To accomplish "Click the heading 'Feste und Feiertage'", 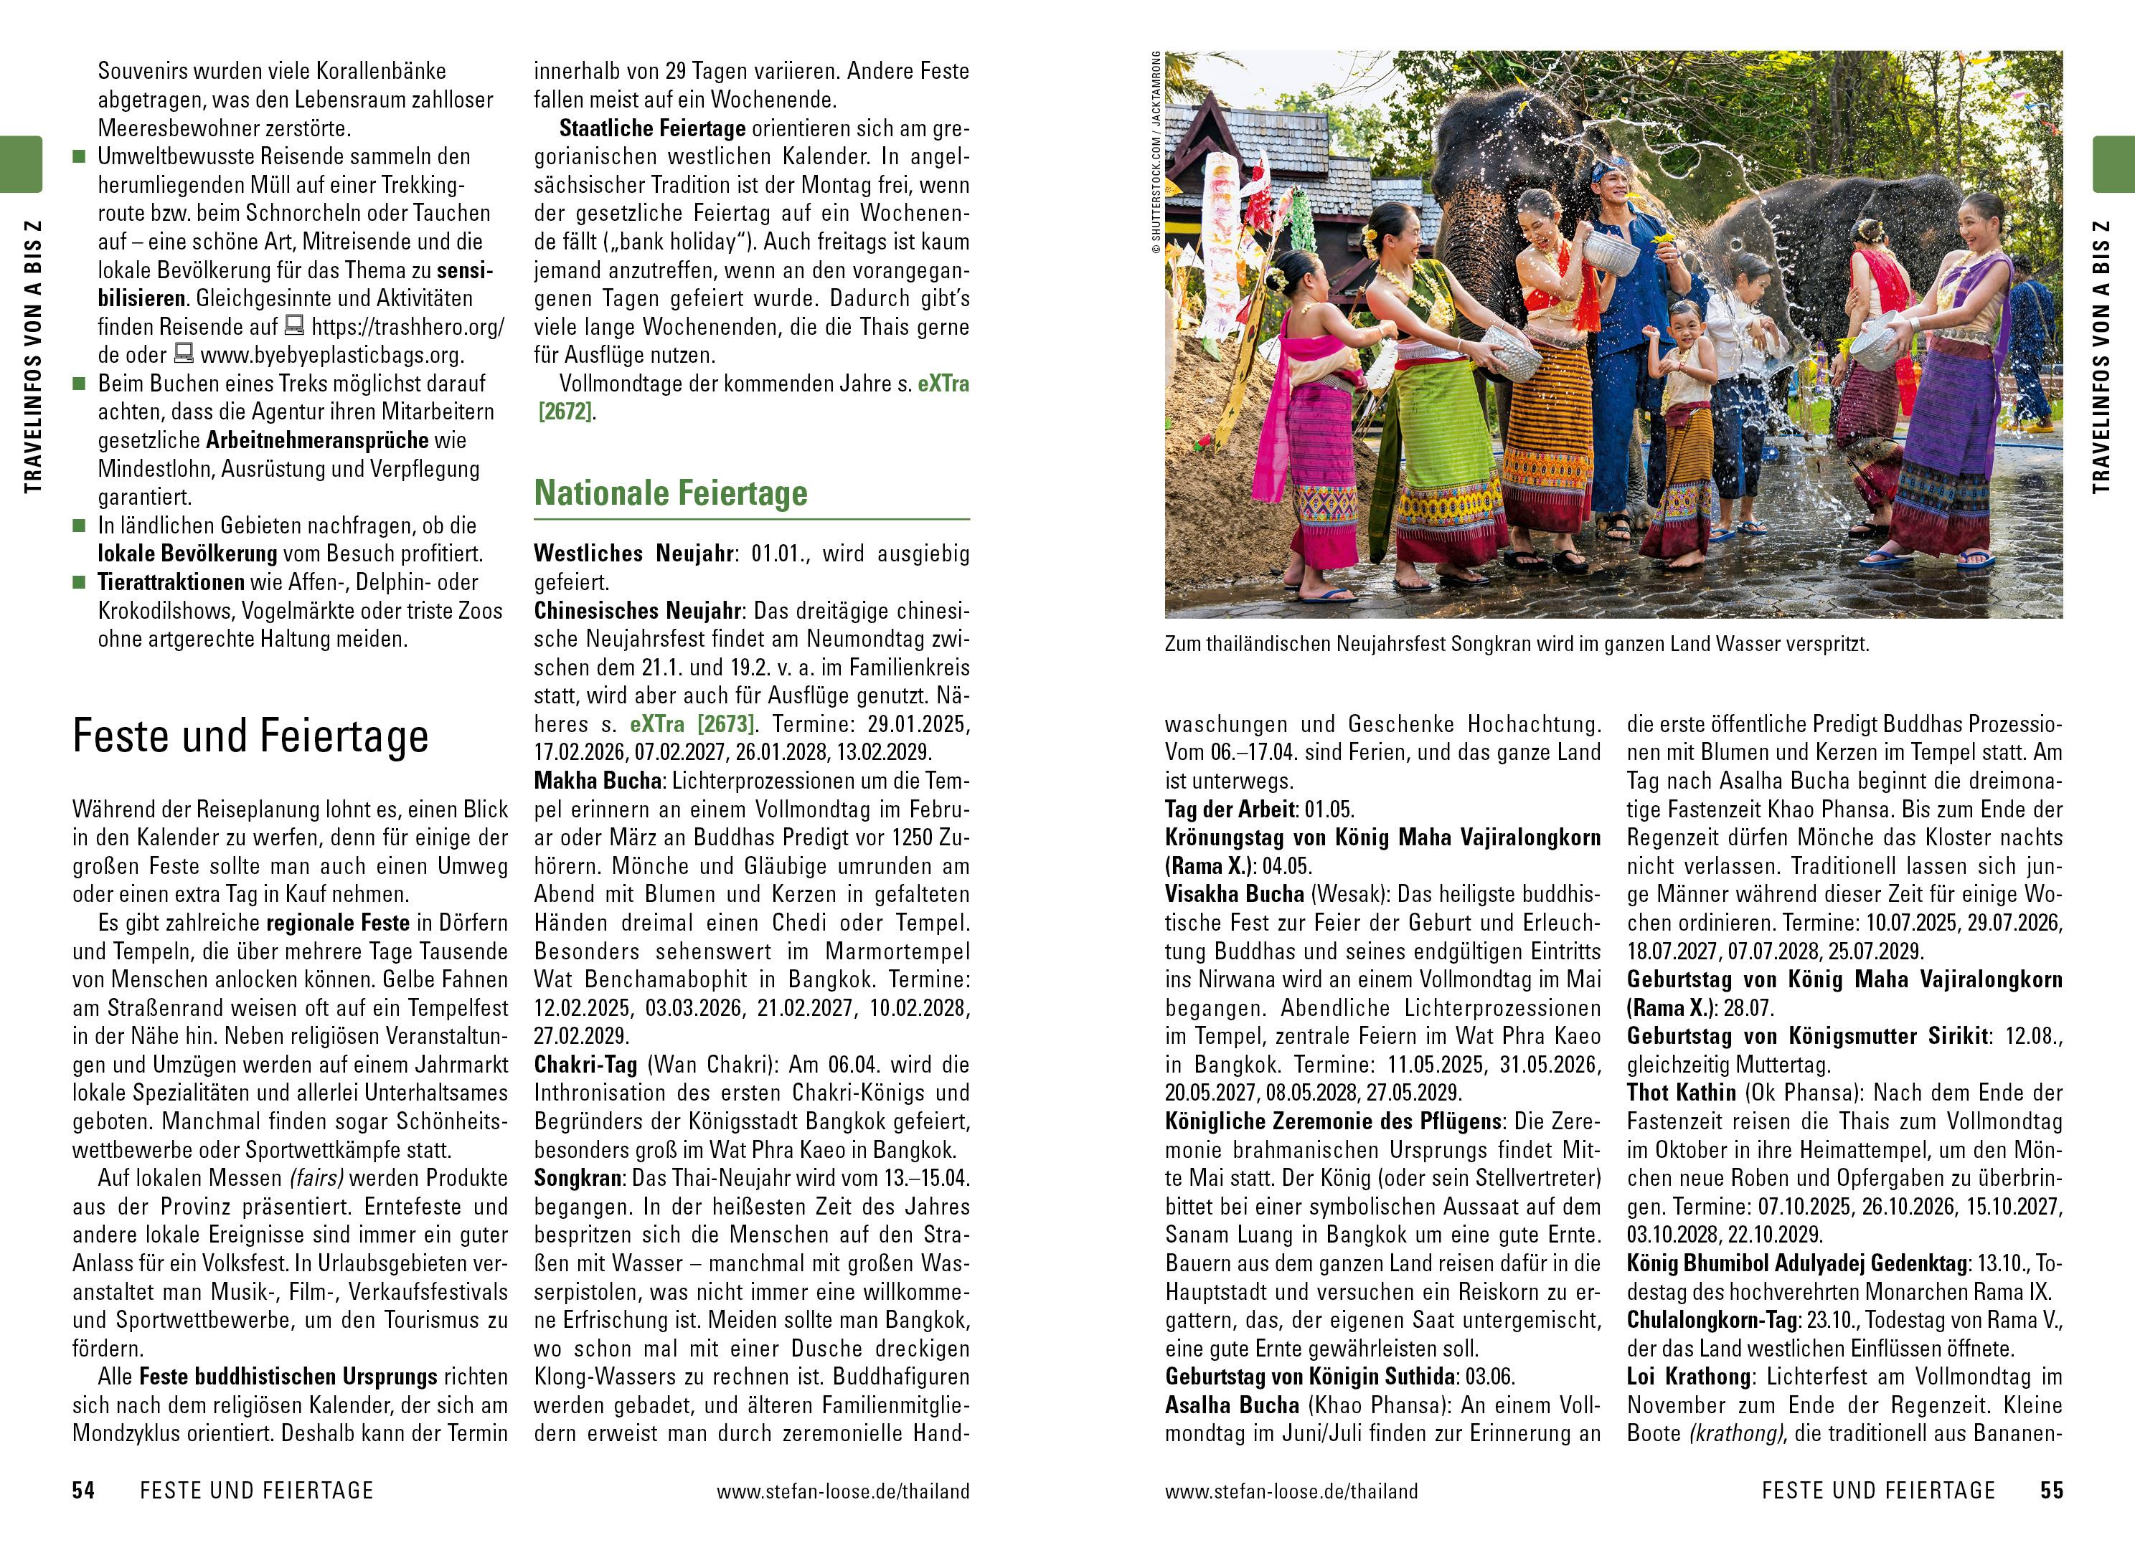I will click(250, 736).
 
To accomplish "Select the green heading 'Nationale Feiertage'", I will click(670, 493).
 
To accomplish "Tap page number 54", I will click(84, 1490).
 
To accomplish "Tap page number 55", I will click(2051, 1490).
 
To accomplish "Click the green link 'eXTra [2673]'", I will click(692, 724).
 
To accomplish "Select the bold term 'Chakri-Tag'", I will click(586, 1065).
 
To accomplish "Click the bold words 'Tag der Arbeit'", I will click(1230, 809).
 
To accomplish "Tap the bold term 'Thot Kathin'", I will click(1681, 1093).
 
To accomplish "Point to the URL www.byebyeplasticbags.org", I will click(332, 356).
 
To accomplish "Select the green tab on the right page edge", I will click(2113, 164).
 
